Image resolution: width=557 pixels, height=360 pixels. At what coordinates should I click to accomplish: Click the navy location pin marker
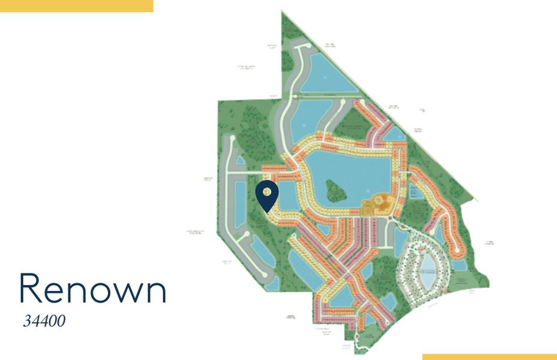(x=267, y=196)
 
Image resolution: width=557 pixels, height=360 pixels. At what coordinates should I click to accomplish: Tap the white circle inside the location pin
(x=267, y=192)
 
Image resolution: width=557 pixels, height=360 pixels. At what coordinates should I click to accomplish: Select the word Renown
(x=92, y=289)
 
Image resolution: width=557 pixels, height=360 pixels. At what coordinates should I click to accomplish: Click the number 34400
(x=44, y=321)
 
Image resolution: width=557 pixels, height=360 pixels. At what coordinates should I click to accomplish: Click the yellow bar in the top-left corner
(x=76, y=5)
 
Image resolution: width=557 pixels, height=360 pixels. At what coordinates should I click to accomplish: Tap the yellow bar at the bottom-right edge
(x=489, y=356)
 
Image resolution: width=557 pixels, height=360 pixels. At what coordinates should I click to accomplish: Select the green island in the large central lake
(x=336, y=191)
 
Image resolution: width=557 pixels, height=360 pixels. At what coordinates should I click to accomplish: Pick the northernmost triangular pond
(x=327, y=72)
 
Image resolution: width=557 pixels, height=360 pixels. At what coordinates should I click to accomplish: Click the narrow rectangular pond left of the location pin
(x=240, y=204)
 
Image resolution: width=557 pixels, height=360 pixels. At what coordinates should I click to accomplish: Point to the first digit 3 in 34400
(x=28, y=322)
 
